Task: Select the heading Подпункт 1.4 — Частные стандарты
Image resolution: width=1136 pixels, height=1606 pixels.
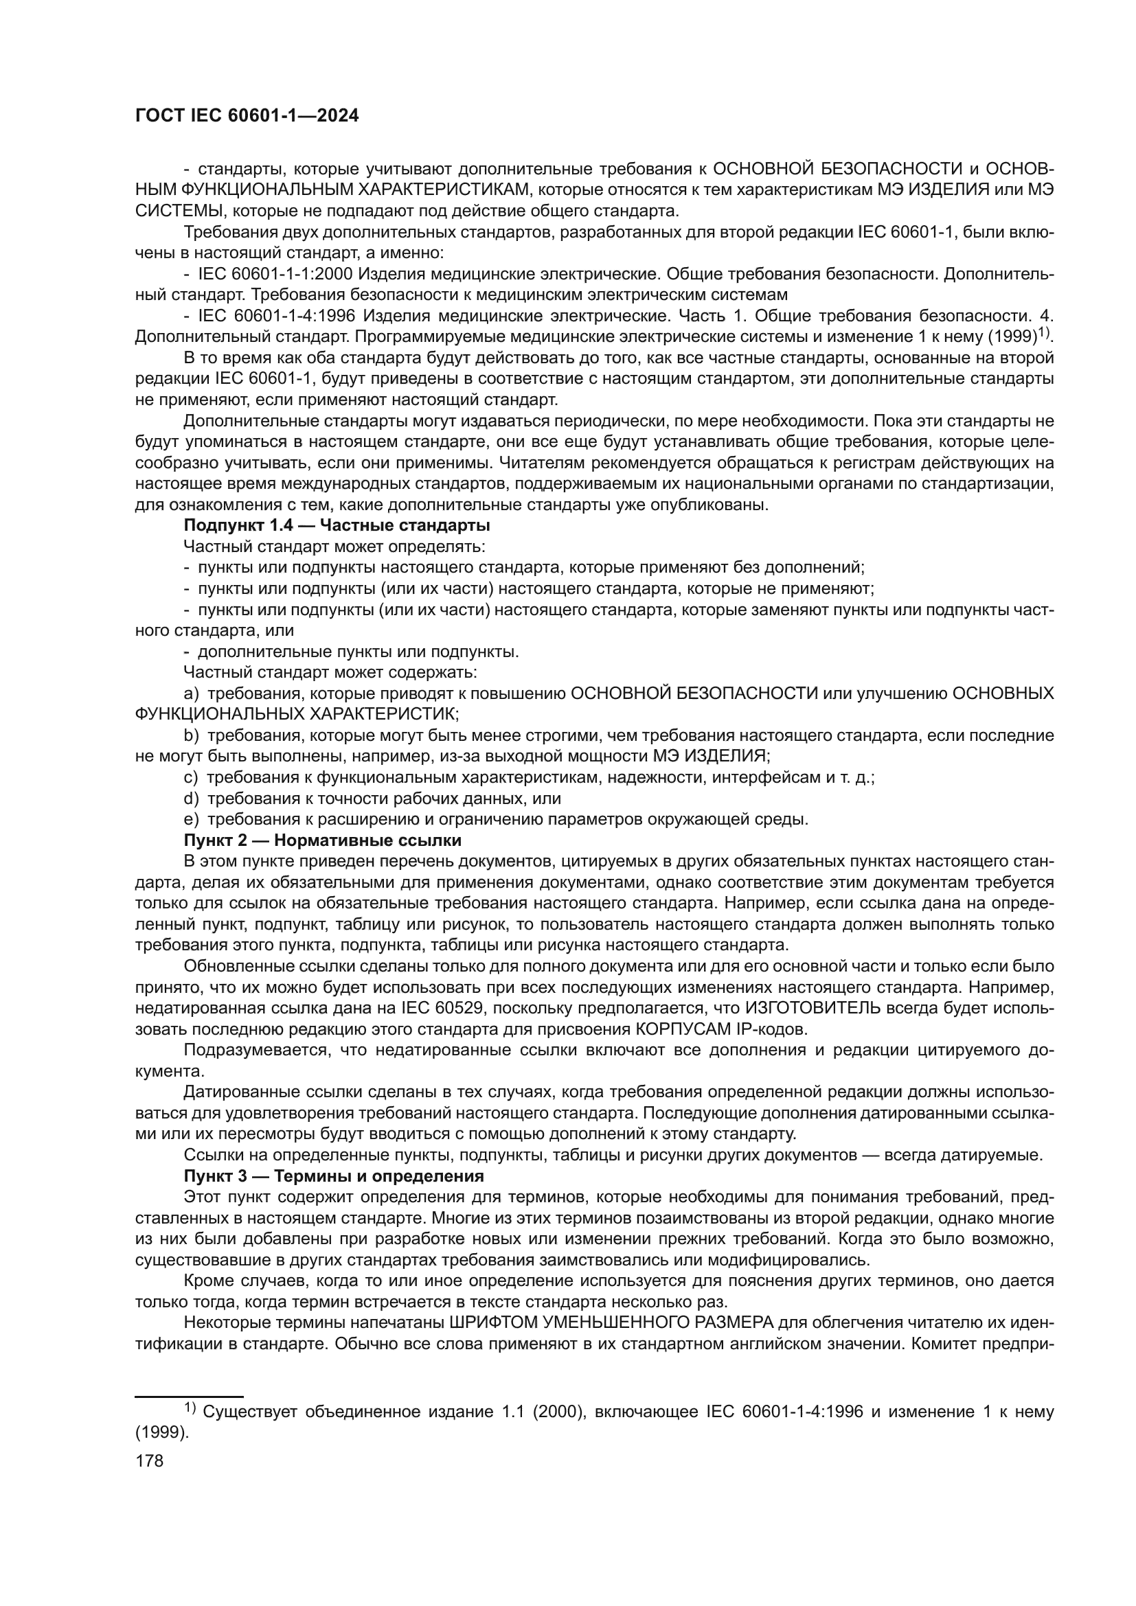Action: pyautogui.click(x=337, y=525)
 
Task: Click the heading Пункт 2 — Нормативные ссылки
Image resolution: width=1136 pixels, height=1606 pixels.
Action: pyautogui.click(x=323, y=840)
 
